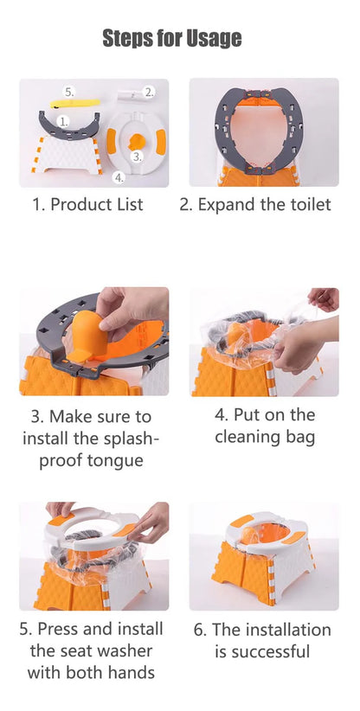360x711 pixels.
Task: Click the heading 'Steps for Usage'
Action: tap(172, 38)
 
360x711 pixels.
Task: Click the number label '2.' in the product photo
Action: tap(149, 92)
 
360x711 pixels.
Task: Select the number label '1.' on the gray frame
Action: tap(64, 121)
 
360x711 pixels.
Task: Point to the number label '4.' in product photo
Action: tap(119, 178)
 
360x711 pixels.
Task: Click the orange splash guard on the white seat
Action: tap(136, 141)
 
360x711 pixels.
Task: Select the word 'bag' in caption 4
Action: tap(300, 437)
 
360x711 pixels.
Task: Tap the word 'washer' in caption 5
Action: tap(123, 651)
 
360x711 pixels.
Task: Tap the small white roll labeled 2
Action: tap(130, 96)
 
